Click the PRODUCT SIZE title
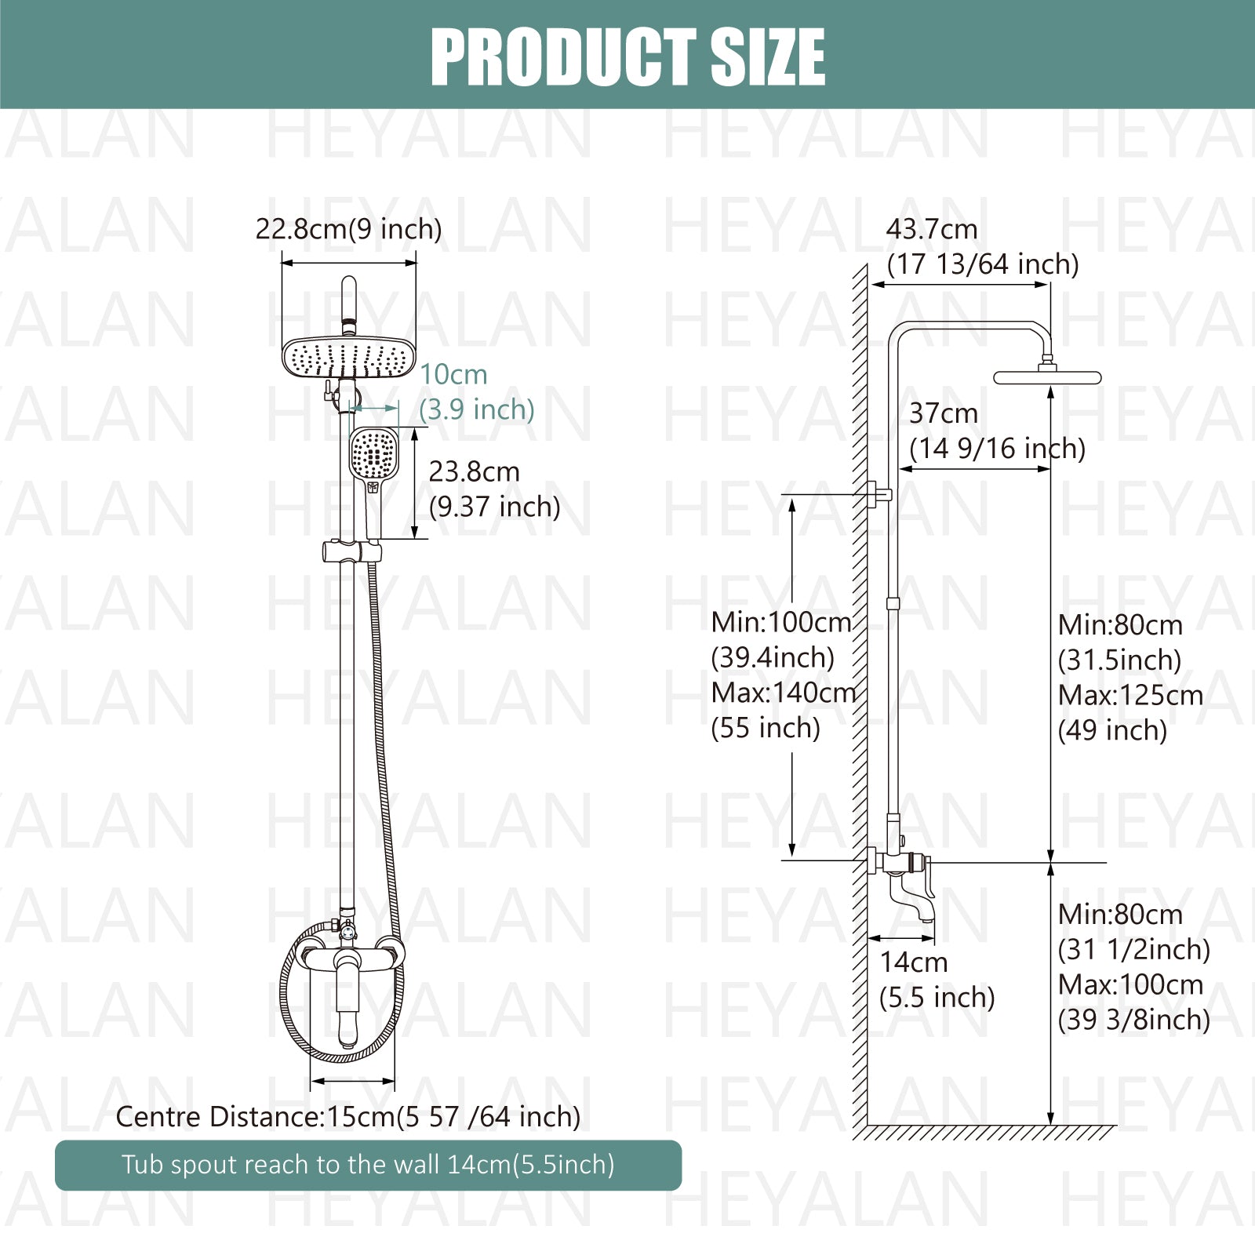click(x=627, y=56)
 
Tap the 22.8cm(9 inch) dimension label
click(x=348, y=230)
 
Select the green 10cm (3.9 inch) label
click(x=477, y=392)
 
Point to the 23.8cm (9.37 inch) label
click(x=494, y=489)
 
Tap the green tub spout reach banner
click(x=368, y=1165)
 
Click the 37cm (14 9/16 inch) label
click(x=997, y=431)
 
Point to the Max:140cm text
click(x=783, y=693)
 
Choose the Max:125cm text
click(x=1130, y=695)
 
